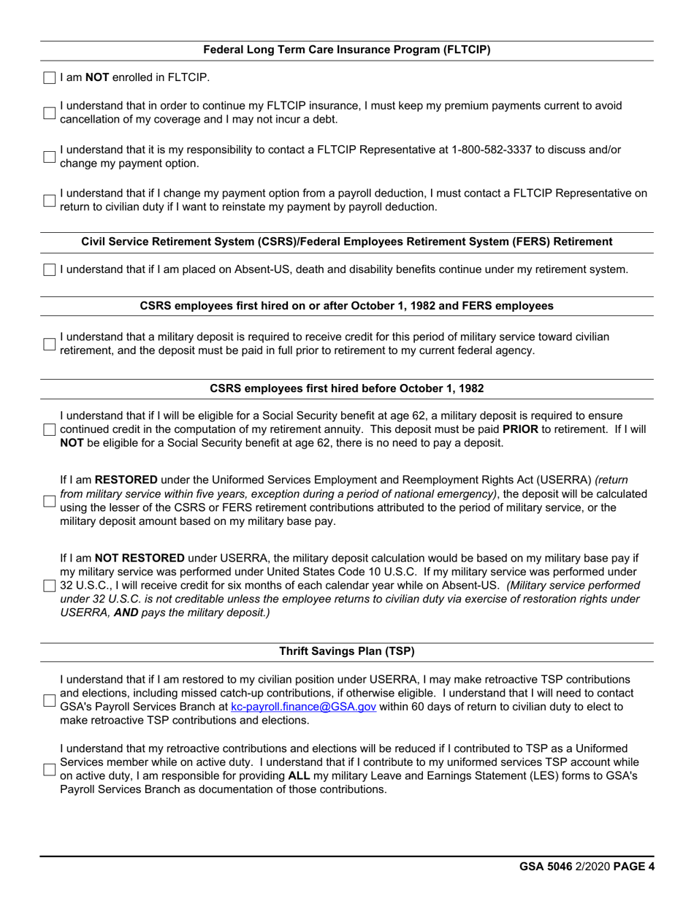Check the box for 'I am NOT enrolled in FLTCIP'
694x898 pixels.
pos(49,77)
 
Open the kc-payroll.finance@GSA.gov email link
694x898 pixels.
pos(303,707)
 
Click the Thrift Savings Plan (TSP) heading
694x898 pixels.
pos(346,651)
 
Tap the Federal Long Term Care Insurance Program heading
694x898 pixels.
pos(346,50)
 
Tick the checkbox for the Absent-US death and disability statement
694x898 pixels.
pos(49,270)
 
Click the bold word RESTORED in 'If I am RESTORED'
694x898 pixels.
pos(126,480)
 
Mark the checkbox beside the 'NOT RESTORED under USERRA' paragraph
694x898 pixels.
pos(49,586)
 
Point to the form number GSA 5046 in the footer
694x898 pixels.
pos(546,867)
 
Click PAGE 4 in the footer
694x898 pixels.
pos(633,867)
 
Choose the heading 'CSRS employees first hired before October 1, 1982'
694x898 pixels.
pos(346,388)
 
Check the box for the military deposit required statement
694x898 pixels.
pos(49,344)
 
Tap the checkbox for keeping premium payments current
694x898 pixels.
pos(49,112)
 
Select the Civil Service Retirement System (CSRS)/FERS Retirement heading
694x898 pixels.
pos(346,242)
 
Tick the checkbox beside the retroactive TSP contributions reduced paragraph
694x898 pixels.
pos(49,770)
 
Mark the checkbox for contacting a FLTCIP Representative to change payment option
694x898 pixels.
pos(49,156)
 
